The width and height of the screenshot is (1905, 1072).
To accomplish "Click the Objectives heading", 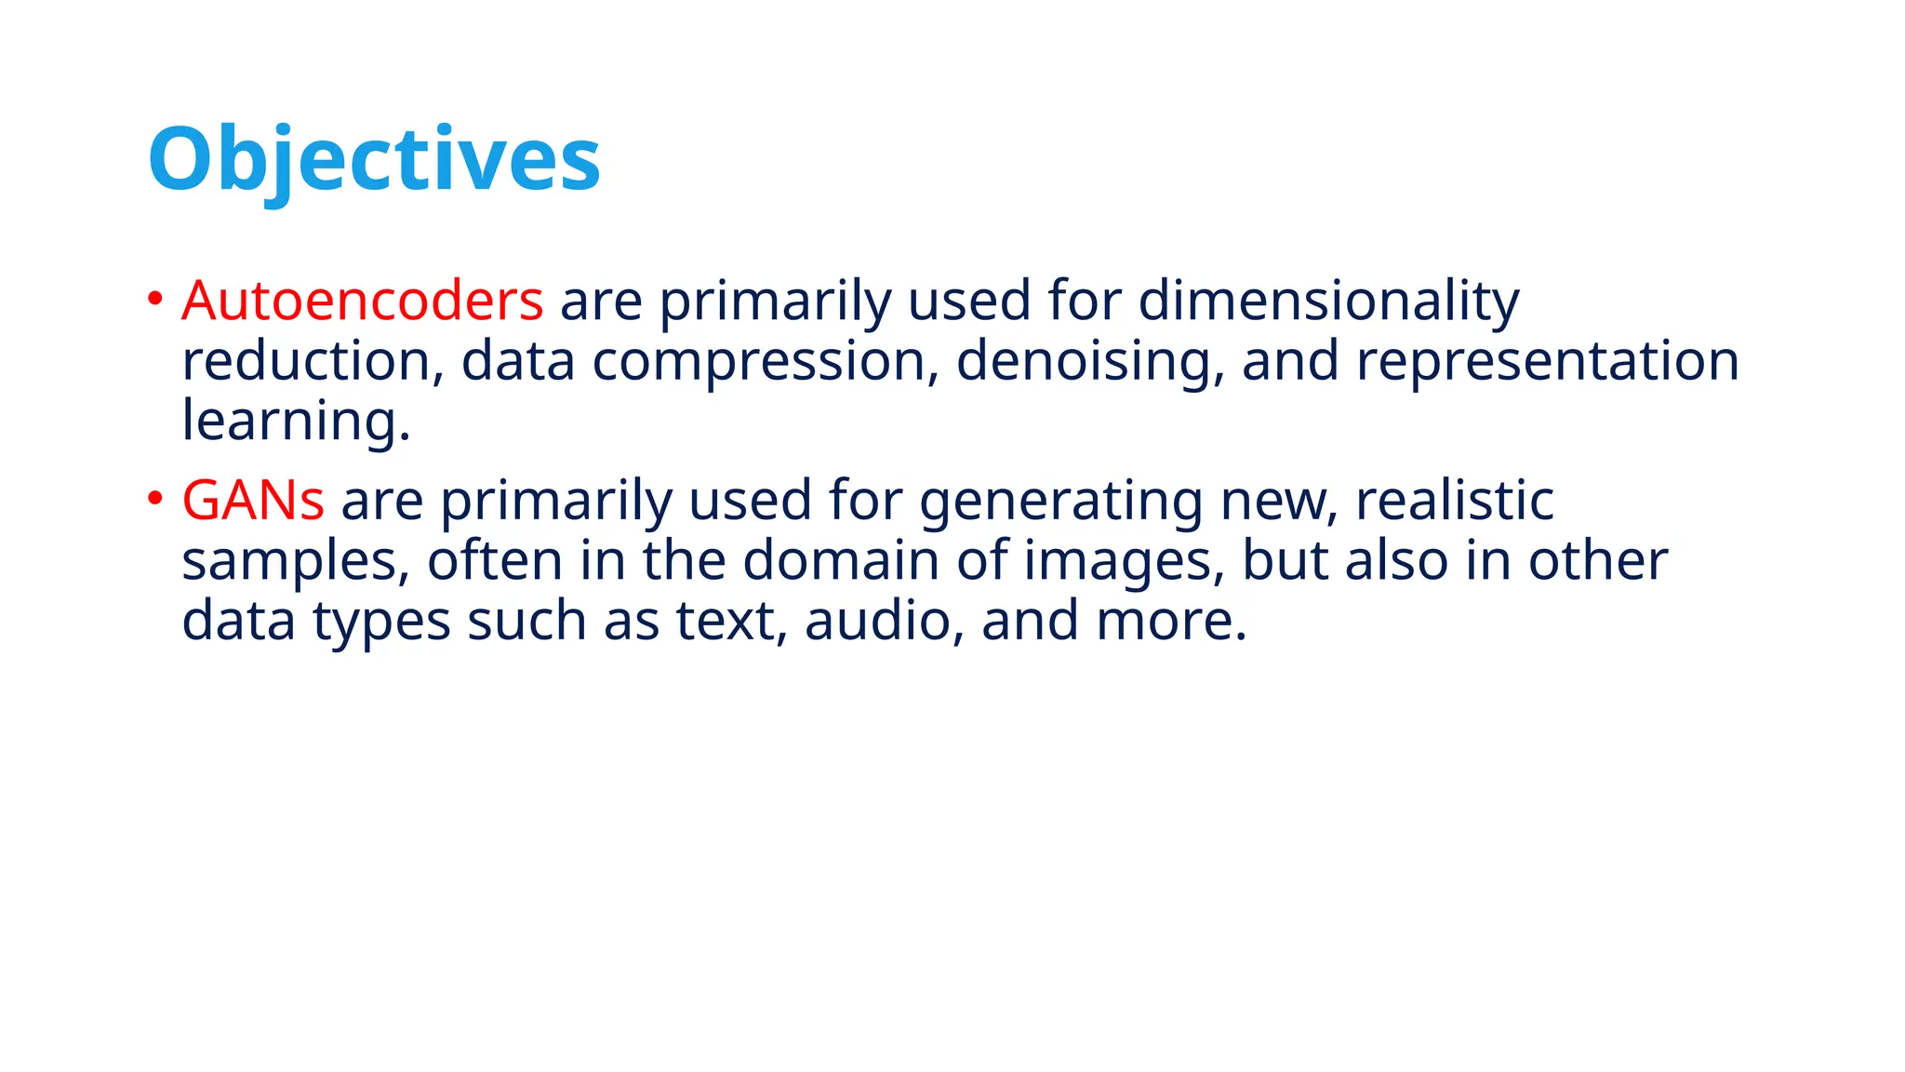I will coord(374,160).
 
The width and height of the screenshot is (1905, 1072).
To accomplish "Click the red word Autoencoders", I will coord(363,301).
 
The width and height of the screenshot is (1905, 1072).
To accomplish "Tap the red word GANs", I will coord(253,501).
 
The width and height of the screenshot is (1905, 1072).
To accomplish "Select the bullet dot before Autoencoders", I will coord(155,300).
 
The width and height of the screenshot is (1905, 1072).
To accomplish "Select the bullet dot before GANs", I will coord(155,499).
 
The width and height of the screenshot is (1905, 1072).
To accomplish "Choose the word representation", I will coord(1547,361).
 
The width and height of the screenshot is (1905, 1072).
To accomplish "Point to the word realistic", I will coord(1454,501).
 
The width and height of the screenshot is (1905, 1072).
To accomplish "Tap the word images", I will coord(1123,562).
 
